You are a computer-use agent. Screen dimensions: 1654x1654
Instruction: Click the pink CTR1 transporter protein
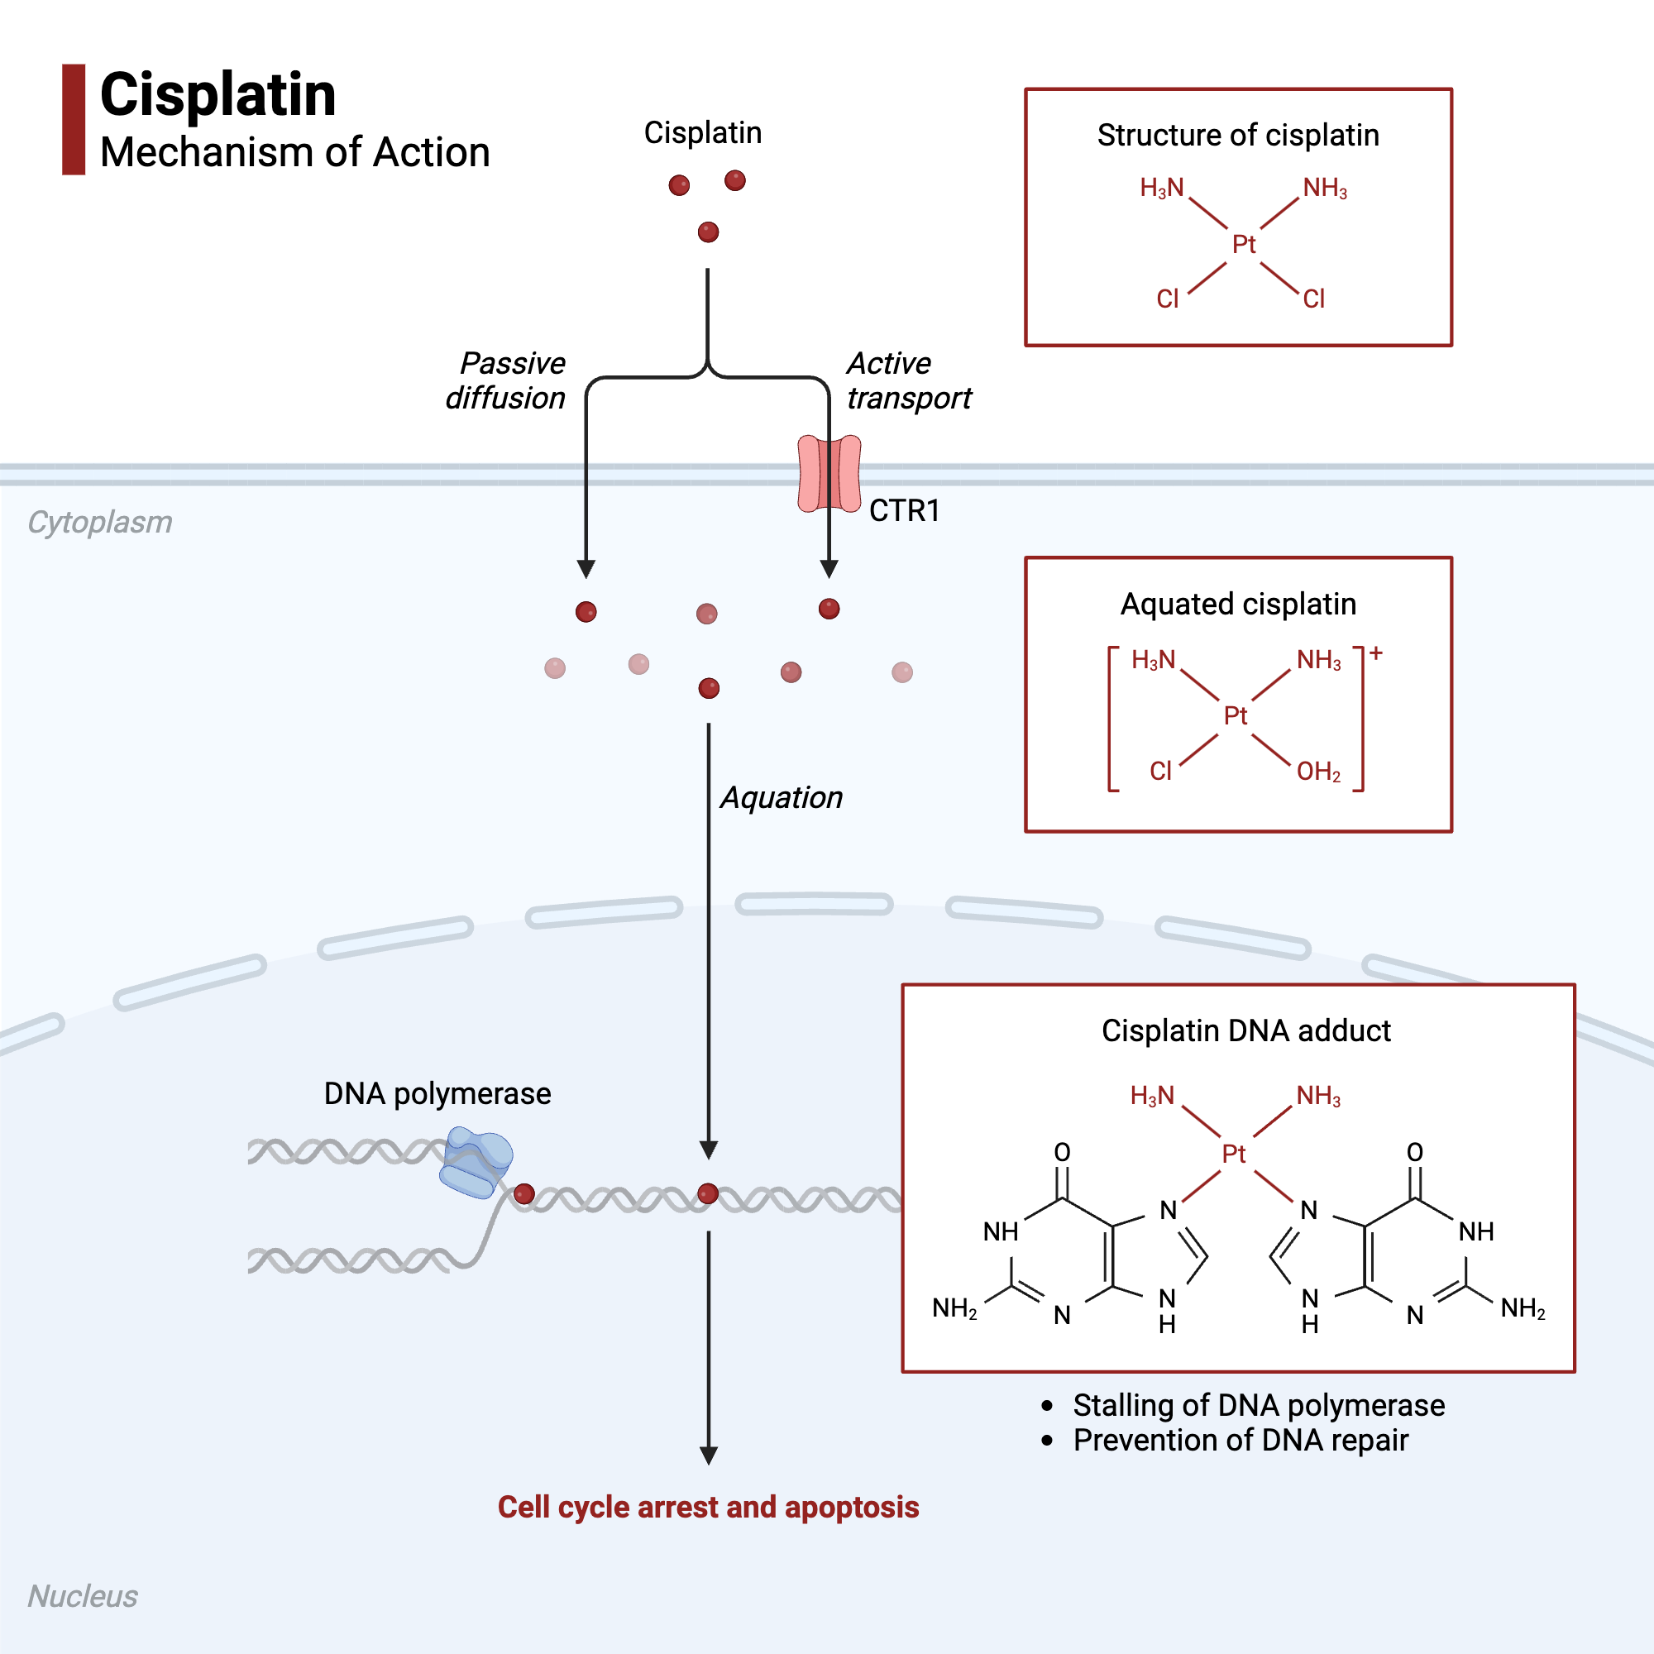coord(829,473)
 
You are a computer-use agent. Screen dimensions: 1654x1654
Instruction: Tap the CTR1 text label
coord(904,511)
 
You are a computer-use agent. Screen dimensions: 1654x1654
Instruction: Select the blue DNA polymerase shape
coord(476,1163)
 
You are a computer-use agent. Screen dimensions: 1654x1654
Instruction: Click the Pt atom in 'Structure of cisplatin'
coord(1243,245)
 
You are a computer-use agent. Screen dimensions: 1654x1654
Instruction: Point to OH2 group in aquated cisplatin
coord(1318,772)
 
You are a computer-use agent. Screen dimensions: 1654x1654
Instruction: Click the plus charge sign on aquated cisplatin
coord(1376,653)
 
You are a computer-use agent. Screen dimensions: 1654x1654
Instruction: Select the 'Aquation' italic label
coord(781,798)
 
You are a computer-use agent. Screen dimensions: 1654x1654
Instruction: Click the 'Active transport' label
coord(908,380)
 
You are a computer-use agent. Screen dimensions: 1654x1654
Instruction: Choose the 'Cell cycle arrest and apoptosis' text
coord(708,1508)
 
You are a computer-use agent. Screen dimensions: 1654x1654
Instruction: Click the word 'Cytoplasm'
coord(99,522)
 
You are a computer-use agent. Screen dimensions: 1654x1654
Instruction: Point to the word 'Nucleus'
coord(82,1597)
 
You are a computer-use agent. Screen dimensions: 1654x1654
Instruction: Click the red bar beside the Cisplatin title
coord(74,119)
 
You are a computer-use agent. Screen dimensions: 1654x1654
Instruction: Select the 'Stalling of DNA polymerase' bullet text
coord(1259,1406)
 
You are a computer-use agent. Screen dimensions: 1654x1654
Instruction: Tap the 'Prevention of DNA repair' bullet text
coord(1240,1441)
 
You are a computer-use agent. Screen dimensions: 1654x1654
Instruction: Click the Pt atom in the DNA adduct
coord(1234,1154)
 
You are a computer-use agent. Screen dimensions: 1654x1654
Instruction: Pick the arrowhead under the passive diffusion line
coord(586,569)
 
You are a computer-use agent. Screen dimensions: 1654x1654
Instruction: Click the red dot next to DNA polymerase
coord(524,1194)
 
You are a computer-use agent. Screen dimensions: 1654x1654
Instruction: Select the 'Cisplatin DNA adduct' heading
coord(1245,1030)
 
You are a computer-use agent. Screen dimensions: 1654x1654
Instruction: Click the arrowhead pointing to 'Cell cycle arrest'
coord(709,1456)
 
